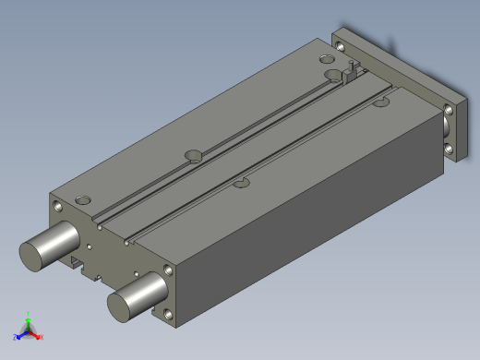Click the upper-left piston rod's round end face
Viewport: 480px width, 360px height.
[x=34, y=255]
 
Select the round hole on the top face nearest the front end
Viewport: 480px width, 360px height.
[x=84, y=198]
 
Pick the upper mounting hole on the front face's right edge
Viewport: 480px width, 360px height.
[x=168, y=271]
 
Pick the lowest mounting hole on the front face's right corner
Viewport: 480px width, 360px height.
[x=169, y=317]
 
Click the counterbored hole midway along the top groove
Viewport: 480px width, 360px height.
[x=193, y=154]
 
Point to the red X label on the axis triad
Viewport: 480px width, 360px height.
[x=42, y=338]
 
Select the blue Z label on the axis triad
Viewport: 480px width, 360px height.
[x=16, y=337]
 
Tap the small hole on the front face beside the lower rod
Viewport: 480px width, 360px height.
[x=136, y=274]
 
